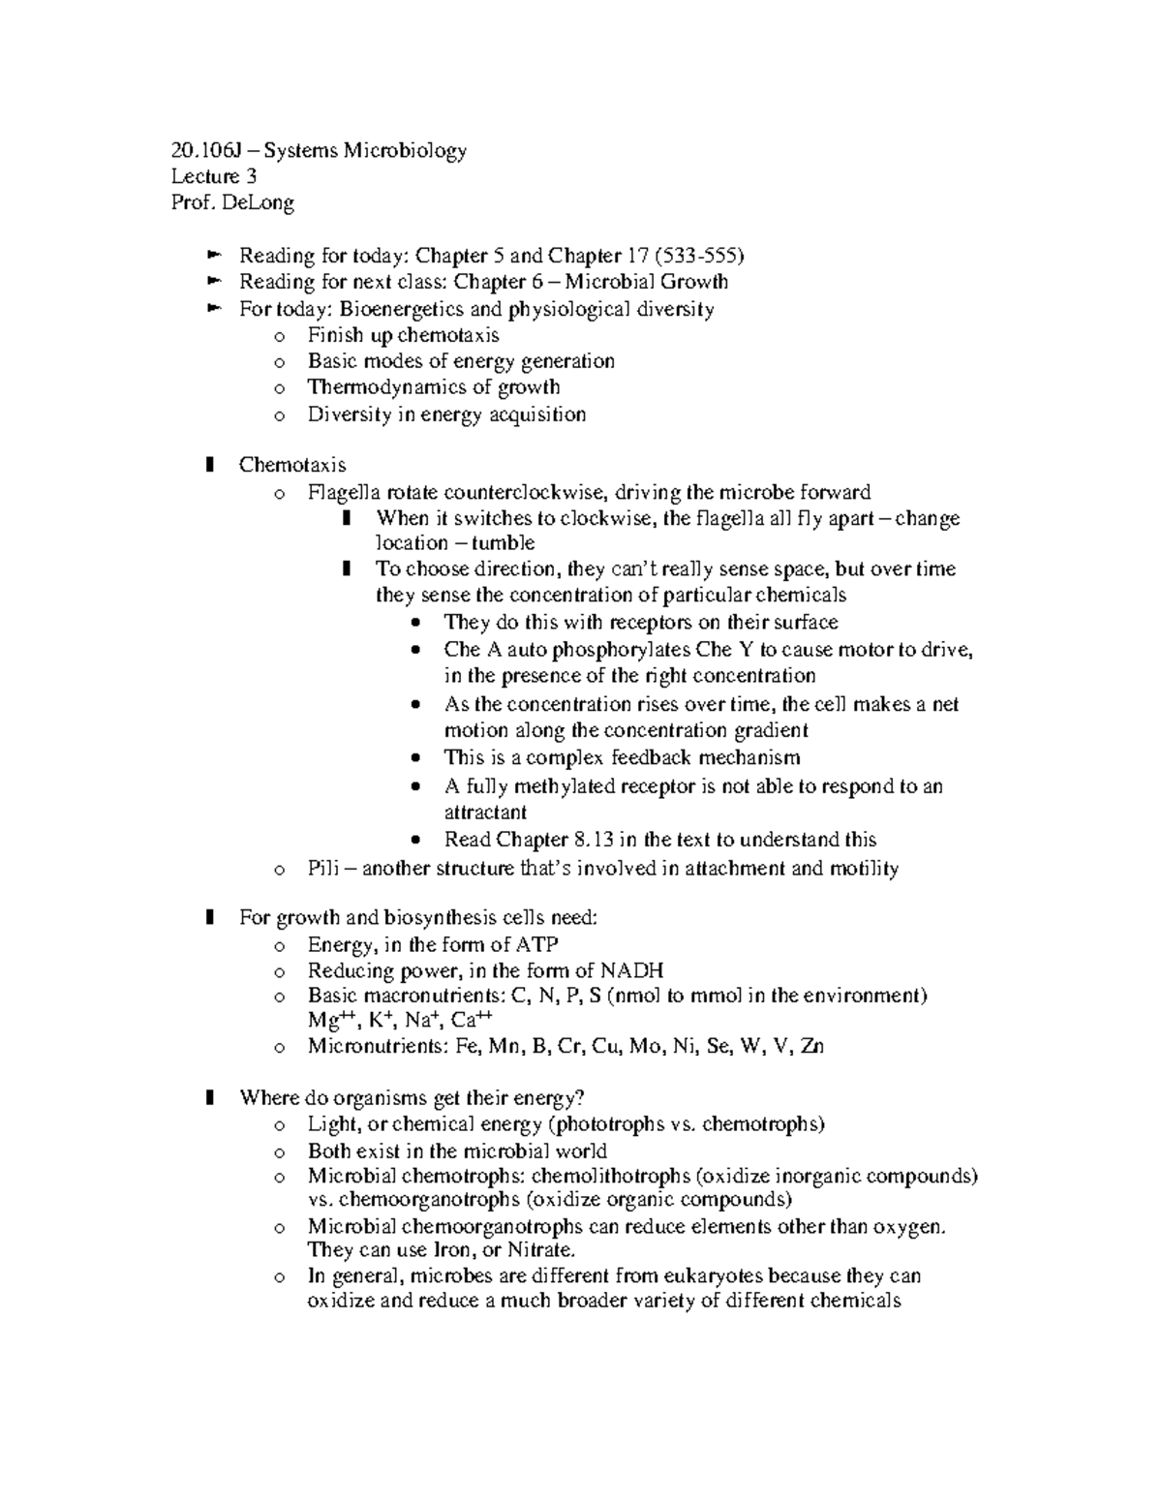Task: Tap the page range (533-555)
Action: click(x=699, y=256)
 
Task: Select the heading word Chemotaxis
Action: click(x=292, y=465)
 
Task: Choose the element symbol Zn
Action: click(x=811, y=1046)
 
